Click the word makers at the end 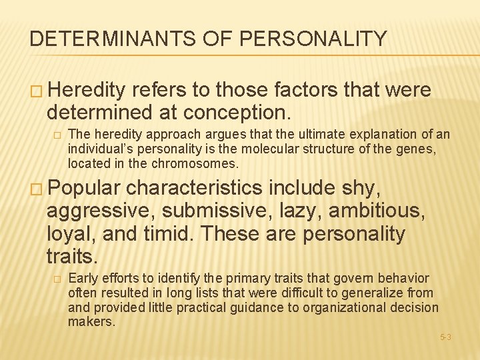(91, 322)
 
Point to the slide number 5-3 (445, 337)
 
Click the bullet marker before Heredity (35, 90)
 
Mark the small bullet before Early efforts (57, 279)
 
